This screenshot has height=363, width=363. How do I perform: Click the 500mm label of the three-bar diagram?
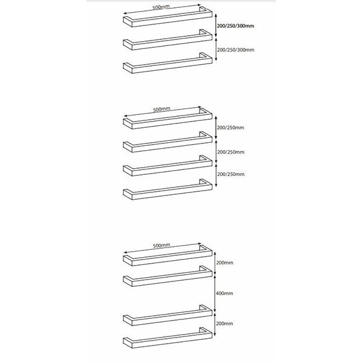tap(161, 7)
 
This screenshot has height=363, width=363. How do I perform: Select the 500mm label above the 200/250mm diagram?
tap(162, 109)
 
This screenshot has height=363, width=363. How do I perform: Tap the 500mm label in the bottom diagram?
tap(162, 245)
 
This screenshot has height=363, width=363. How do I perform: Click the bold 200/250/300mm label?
tap(235, 26)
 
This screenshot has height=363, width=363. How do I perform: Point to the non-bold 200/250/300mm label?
tap(236, 50)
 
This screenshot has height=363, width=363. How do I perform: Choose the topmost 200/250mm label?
tap(231, 128)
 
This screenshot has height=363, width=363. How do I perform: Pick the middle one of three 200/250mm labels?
tap(231, 152)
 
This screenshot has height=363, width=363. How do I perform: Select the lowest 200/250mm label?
tap(231, 174)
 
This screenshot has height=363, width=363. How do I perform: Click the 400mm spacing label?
tap(224, 293)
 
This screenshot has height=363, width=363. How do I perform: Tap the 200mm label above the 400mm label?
tap(224, 263)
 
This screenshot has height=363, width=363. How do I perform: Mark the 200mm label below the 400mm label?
tap(224, 324)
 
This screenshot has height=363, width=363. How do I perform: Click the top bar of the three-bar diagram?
tap(168, 17)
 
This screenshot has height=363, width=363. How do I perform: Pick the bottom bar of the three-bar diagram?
tap(168, 63)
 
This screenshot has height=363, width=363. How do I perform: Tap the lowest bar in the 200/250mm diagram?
tap(168, 189)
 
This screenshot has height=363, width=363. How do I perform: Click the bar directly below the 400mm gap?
tap(168, 315)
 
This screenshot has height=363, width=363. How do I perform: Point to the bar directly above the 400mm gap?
tap(168, 276)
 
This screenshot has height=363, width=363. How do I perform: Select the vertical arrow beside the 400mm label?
tap(215, 293)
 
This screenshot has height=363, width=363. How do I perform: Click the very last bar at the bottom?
tap(168, 338)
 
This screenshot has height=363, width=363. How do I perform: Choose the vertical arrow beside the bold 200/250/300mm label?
tap(216, 25)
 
